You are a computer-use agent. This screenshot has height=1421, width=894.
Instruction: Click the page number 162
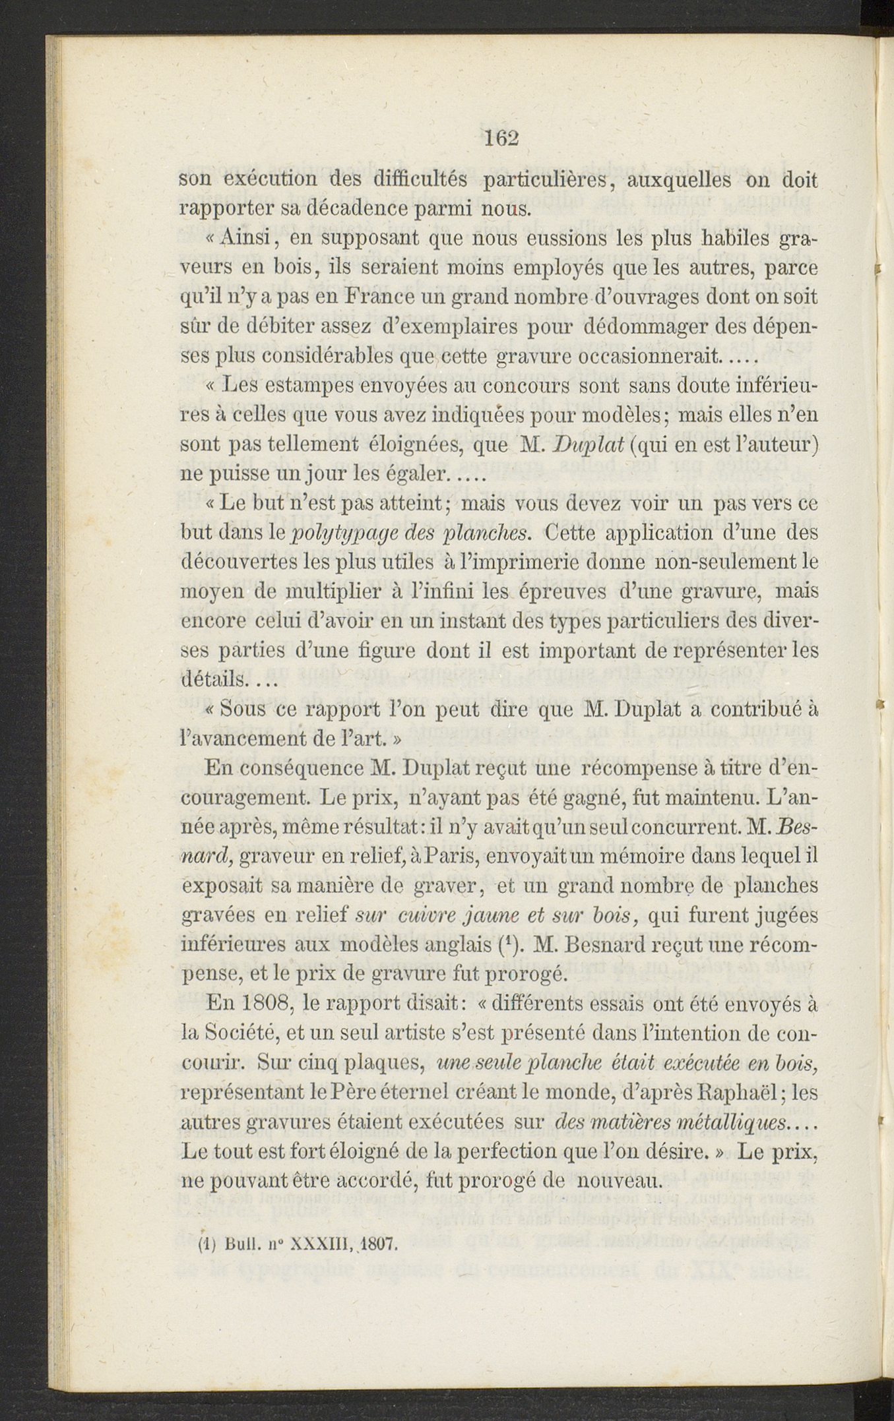(502, 138)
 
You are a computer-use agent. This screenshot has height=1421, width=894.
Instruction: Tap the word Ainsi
(243, 239)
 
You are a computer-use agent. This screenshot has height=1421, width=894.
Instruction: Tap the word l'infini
(438, 591)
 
